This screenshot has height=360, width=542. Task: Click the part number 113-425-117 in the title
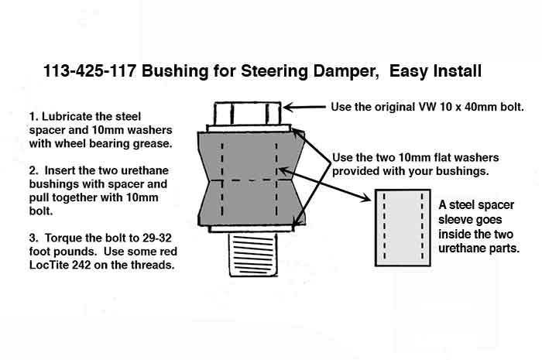point(89,70)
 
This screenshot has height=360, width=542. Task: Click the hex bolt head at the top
point(248,113)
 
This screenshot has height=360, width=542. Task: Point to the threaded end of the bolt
point(254,254)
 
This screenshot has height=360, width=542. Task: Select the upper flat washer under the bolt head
point(249,129)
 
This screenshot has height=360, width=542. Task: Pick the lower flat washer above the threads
point(252,228)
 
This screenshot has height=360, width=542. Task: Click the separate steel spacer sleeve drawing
point(403,228)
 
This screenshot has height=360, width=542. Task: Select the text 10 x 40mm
point(470,107)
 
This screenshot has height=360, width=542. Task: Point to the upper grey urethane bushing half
point(252,156)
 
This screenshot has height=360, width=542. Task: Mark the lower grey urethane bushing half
point(252,203)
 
